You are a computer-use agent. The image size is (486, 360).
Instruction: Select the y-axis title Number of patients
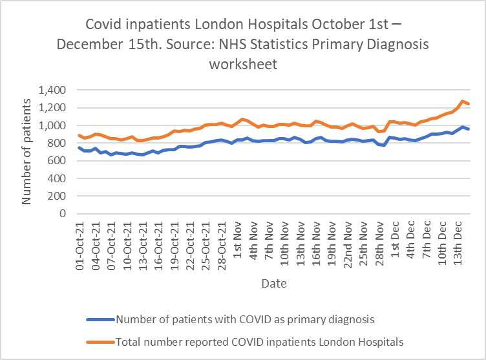click(27, 152)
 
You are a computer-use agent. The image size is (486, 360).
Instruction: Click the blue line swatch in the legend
click(100, 319)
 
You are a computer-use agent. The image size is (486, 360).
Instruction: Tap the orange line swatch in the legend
click(100, 341)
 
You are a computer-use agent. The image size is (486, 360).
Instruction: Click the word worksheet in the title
click(243, 64)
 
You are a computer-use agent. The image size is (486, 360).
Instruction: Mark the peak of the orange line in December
click(462, 101)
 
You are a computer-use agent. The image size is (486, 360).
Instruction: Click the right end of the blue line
click(469, 130)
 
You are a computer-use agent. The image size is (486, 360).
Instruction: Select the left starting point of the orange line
click(79, 135)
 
